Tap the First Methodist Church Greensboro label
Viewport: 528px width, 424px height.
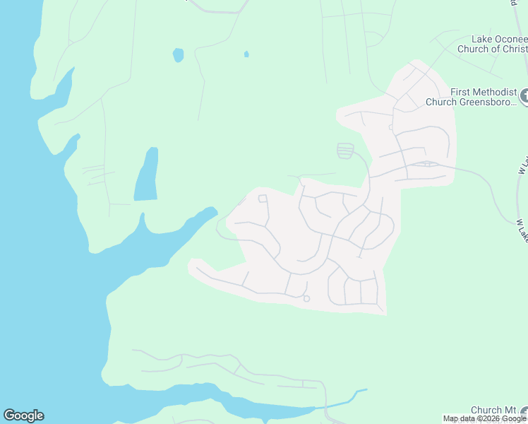coord(472,97)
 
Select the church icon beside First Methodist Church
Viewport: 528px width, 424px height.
coord(524,95)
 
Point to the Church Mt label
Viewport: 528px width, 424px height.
coord(493,410)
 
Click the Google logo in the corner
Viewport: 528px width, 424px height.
coord(23,416)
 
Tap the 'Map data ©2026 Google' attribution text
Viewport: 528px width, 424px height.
coord(485,419)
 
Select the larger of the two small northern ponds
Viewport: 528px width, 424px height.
coord(178,54)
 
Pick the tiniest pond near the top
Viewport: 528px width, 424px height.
coord(246,54)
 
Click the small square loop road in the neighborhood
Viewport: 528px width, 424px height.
coord(263,199)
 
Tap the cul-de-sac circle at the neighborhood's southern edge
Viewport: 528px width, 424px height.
coord(306,299)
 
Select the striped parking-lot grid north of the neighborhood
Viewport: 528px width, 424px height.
coord(345,151)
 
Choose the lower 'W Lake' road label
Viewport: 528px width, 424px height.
coord(521,230)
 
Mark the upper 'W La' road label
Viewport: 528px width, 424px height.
coord(523,166)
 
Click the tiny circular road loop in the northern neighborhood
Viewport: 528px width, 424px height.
coord(390,127)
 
